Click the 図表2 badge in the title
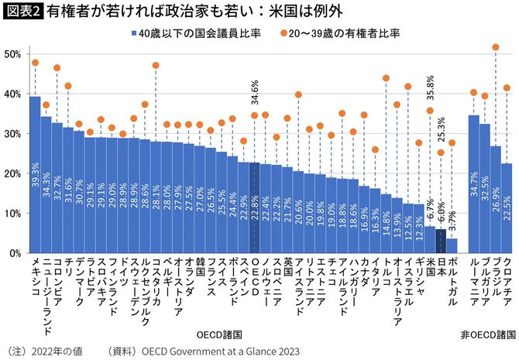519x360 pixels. [x=22, y=12]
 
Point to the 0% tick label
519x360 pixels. [x=14, y=253]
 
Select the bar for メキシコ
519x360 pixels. [x=35, y=174]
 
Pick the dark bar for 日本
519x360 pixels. [x=441, y=241]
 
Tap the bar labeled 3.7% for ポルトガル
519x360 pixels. [x=452, y=245]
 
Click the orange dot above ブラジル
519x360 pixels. [x=496, y=47]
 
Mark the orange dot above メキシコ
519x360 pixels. [x=35, y=62]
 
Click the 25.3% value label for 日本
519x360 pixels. [x=442, y=130]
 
